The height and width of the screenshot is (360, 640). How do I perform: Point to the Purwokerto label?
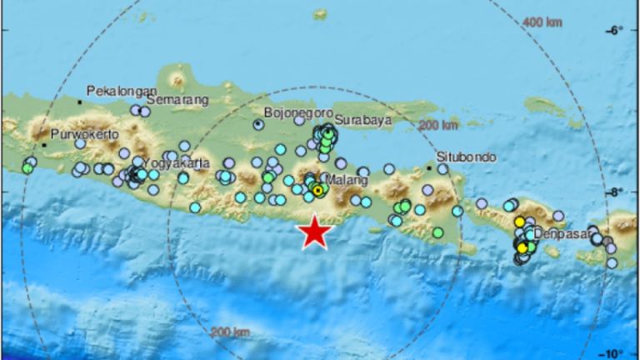84,133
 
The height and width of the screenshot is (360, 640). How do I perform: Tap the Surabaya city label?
364,120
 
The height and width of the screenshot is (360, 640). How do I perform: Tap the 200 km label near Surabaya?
438,125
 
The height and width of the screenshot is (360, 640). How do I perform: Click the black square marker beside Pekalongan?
80,102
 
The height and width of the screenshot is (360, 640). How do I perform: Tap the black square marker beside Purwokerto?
44,144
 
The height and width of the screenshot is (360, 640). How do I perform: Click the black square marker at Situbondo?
429,167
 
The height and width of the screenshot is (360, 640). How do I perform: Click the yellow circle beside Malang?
317,190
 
